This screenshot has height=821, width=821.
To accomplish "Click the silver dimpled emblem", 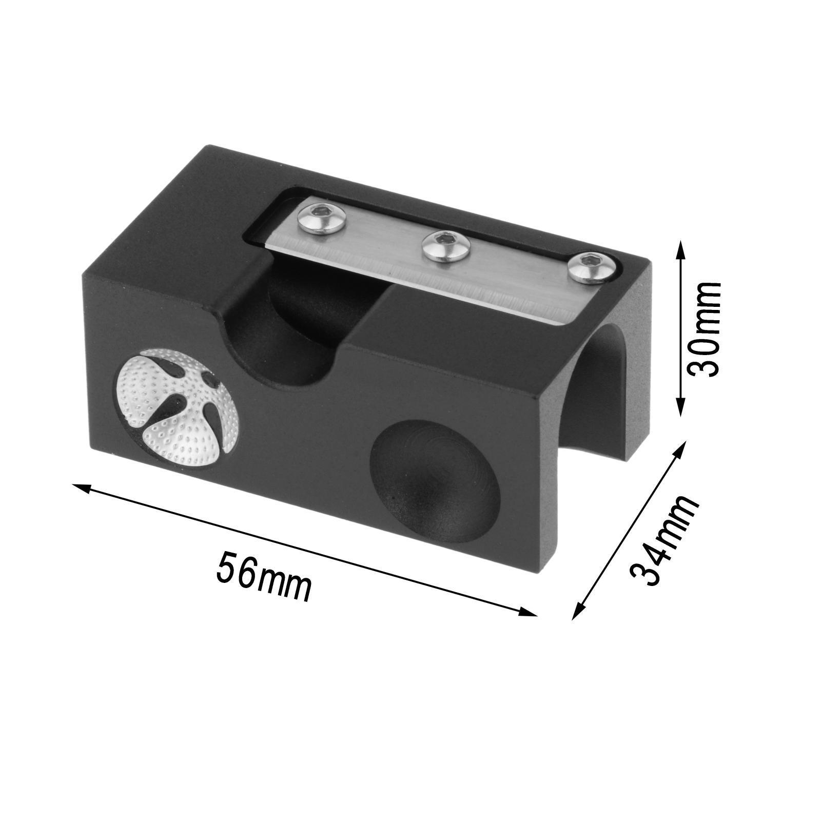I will coord(178,408).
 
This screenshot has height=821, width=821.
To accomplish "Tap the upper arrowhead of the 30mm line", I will coord(681,246).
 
